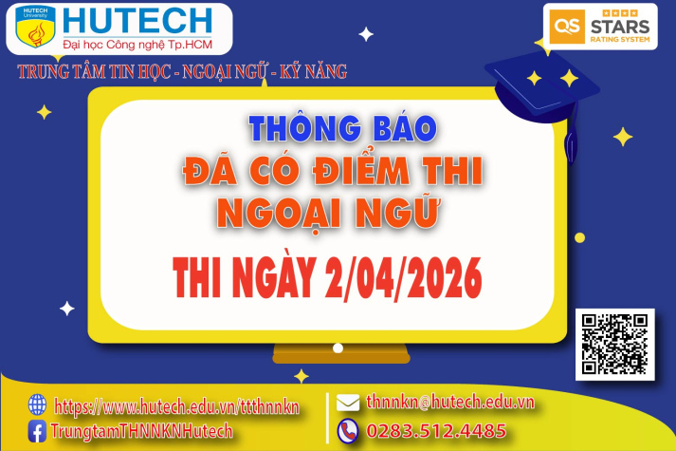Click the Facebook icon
38,431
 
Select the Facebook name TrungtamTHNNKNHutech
142,431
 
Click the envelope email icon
348,402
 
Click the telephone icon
348,430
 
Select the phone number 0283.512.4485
436,430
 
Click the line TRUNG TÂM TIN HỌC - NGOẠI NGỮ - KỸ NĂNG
182,71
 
